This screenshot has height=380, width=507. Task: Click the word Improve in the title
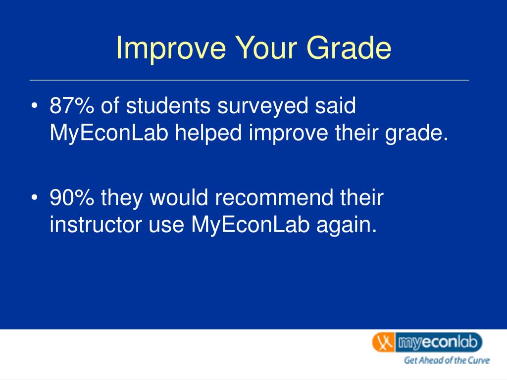(x=171, y=48)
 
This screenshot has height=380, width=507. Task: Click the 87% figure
(x=72, y=106)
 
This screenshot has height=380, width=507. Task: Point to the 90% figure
(x=72, y=197)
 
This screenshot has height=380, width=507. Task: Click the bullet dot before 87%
(x=34, y=106)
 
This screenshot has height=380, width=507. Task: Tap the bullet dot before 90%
(x=34, y=197)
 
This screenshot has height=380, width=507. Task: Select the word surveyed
(x=262, y=107)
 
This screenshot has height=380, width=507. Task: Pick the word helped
(x=208, y=133)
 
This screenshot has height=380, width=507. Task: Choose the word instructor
(x=96, y=225)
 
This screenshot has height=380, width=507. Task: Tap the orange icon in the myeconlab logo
(x=384, y=342)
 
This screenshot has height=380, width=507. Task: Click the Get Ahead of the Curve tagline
(x=447, y=360)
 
